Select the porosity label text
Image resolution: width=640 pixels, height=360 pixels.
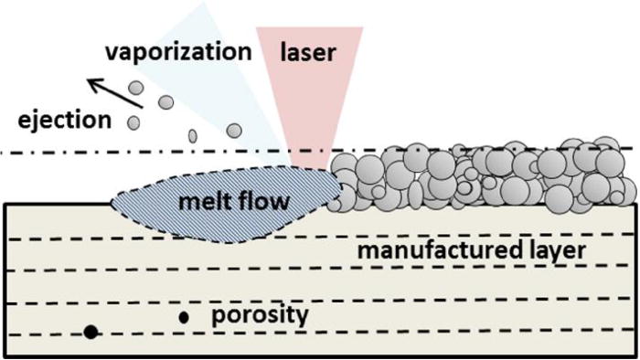260,316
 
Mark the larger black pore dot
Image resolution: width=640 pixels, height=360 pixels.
91,331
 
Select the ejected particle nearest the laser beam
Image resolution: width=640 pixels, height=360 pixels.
235,131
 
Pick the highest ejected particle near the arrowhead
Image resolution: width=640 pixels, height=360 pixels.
135,89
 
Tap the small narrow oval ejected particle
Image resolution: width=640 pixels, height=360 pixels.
193,136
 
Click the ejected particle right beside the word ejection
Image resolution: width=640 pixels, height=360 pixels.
133,121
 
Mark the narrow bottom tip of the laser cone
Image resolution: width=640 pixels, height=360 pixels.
309,166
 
